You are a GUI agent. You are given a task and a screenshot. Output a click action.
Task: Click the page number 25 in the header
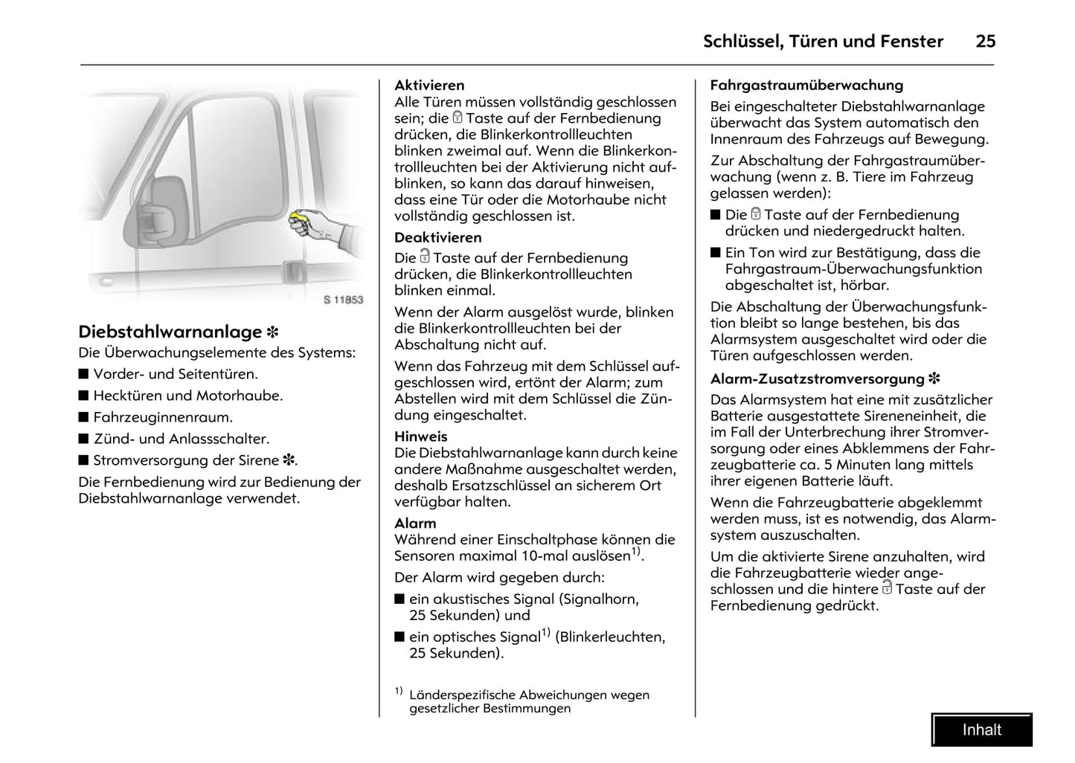tap(985, 42)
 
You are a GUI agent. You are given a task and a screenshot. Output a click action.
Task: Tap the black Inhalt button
tap(981, 730)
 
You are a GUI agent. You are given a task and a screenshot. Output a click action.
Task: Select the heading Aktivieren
tap(429, 86)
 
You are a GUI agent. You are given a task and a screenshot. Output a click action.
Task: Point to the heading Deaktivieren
tap(437, 238)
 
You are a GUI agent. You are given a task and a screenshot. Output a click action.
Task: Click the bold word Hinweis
tap(420, 437)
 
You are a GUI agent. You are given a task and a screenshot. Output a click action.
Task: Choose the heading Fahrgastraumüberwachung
tap(806, 86)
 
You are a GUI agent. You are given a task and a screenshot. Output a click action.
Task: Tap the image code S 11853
tap(343, 300)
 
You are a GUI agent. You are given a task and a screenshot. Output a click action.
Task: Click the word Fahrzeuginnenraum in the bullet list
tap(163, 418)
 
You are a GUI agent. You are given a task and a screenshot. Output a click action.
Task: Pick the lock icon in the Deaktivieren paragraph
tap(425, 257)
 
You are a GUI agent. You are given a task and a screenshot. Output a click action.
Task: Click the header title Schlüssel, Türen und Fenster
tap(823, 42)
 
